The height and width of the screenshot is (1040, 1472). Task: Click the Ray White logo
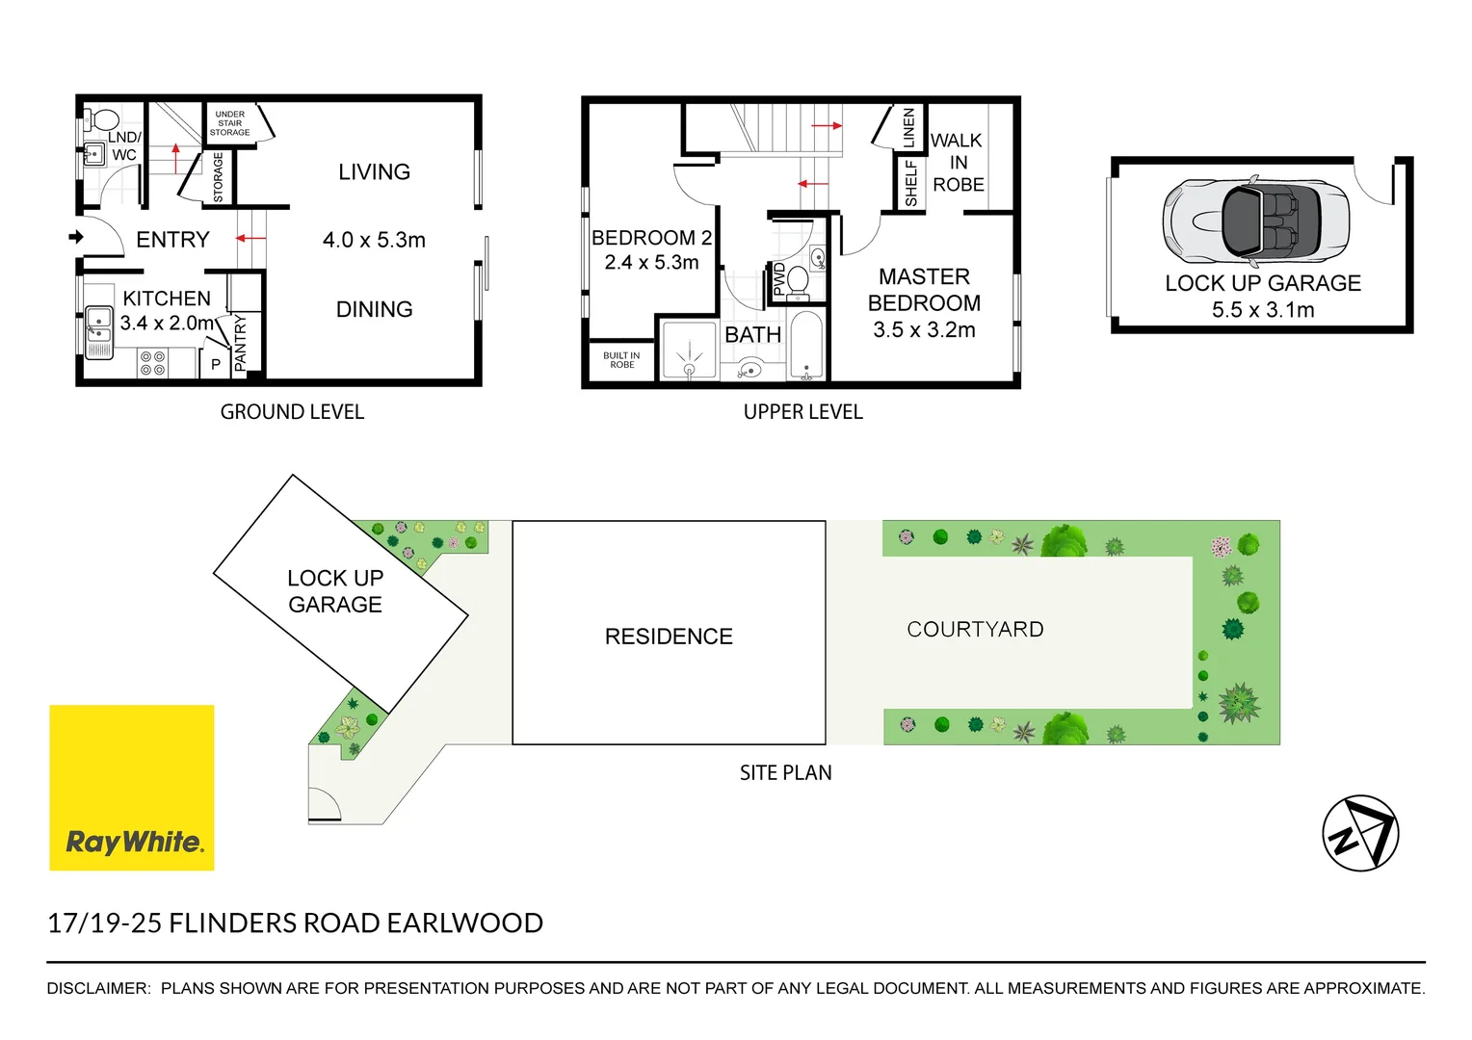132,788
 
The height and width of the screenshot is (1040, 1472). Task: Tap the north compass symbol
1360,833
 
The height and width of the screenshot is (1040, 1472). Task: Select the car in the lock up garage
1256,221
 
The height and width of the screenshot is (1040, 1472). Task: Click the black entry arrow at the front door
76,237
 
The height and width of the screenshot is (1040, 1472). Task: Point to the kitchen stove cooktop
152,363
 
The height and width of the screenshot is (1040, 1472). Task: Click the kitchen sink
98,329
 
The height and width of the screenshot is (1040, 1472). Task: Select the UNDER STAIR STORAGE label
229,123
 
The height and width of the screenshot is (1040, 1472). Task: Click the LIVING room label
374,172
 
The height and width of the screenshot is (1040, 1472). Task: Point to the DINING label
374,310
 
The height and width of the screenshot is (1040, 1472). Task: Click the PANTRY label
241,342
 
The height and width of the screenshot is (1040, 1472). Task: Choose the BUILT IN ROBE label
621,360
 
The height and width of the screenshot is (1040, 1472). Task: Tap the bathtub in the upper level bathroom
806,345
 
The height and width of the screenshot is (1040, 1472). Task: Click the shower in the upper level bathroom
690,351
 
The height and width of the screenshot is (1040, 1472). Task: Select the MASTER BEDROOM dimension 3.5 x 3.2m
924,330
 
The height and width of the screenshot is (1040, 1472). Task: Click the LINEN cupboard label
908,127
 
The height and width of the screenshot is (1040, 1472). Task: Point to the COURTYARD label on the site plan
975,630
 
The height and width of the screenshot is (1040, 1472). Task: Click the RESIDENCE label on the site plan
669,637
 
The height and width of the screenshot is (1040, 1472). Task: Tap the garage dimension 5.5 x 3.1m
1262,310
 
